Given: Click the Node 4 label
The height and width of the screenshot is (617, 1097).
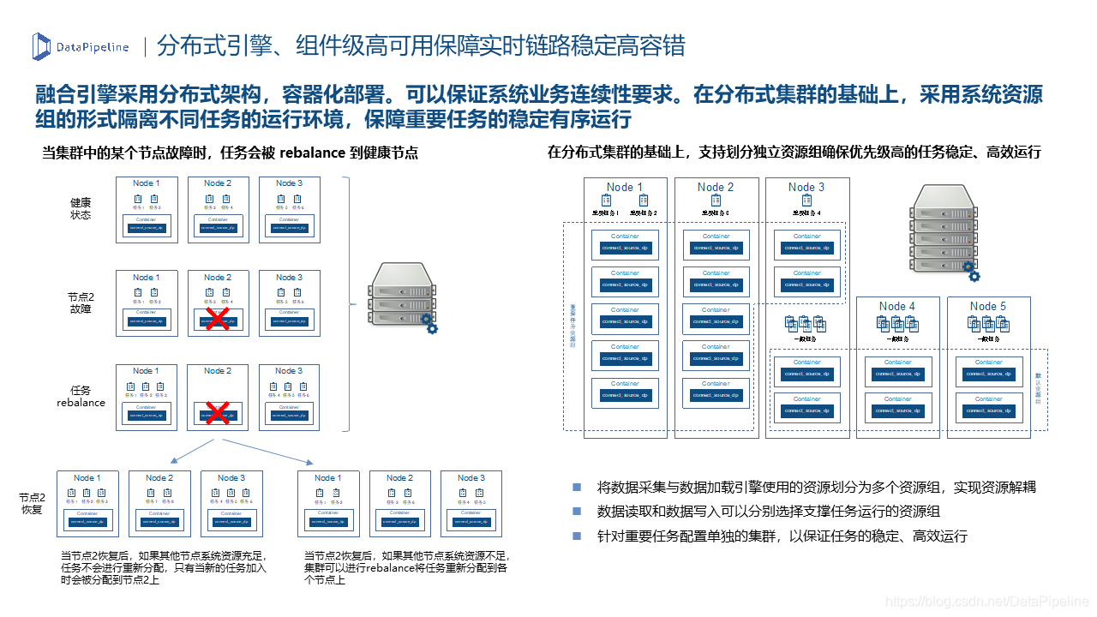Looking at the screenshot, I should (x=897, y=306).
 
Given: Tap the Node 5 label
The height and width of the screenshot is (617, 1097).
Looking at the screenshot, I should (x=988, y=306).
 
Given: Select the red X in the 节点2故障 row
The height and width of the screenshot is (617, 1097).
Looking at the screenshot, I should (x=218, y=320).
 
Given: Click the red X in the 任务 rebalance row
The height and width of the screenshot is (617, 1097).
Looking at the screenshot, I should (x=218, y=413).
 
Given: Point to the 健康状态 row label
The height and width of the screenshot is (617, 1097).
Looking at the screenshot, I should (x=81, y=208).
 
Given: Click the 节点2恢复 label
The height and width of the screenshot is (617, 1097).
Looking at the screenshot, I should (x=32, y=503).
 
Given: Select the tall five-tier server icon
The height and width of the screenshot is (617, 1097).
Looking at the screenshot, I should (x=944, y=230).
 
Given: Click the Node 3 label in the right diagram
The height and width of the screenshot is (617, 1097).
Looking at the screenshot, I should (x=806, y=187).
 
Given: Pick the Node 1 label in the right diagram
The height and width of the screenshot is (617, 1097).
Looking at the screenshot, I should (x=625, y=187).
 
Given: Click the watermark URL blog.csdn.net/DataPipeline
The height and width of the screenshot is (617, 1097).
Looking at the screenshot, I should (x=986, y=602).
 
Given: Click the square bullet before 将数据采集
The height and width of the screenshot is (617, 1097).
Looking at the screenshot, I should (x=577, y=487).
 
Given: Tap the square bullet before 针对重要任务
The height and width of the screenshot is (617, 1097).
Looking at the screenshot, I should (x=577, y=536).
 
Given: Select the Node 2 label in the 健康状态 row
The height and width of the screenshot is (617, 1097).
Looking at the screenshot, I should (x=218, y=183).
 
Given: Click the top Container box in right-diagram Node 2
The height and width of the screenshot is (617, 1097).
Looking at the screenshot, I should (x=716, y=245).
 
